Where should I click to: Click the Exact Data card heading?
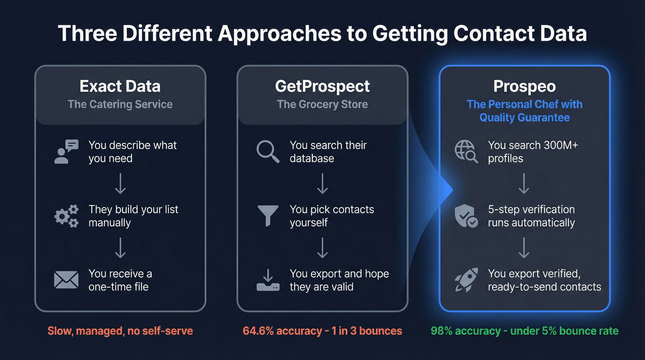point(120,86)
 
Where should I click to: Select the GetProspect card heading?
point(322,86)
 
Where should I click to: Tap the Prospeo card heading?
point(524,86)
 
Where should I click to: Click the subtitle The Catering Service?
point(120,104)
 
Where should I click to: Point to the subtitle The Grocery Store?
point(322,104)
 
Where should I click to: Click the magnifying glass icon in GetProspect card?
point(268,152)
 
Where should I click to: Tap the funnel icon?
point(268,216)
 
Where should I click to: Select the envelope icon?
point(66,280)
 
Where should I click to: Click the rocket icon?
point(466,280)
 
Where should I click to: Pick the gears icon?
point(66,216)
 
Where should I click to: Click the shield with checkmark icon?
point(466,216)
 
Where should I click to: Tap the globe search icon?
point(466,152)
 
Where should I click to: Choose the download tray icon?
point(268,280)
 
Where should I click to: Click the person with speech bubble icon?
point(66,152)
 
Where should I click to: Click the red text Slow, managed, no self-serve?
point(120,331)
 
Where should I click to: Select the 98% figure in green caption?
point(442,331)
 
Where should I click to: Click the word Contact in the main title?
point(493,33)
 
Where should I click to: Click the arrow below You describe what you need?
point(120,183)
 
